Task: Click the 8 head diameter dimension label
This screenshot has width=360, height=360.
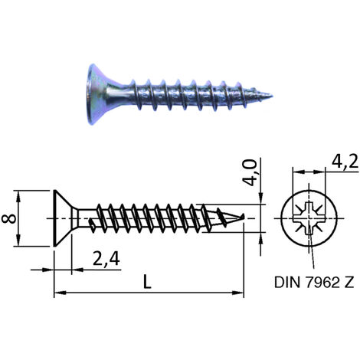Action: click(x=9, y=219)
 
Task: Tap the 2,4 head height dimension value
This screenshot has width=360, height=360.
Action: click(x=106, y=259)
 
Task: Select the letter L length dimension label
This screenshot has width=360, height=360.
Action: click(x=147, y=282)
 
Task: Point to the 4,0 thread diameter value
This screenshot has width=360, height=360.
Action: click(x=249, y=172)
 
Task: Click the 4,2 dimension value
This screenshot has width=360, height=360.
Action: click(x=345, y=162)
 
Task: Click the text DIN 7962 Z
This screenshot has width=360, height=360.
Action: click(x=314, y=282)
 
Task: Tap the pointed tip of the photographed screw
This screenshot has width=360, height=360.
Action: click(x=272, y=97)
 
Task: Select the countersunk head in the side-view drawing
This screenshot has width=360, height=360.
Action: click(x=63, y=218)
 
